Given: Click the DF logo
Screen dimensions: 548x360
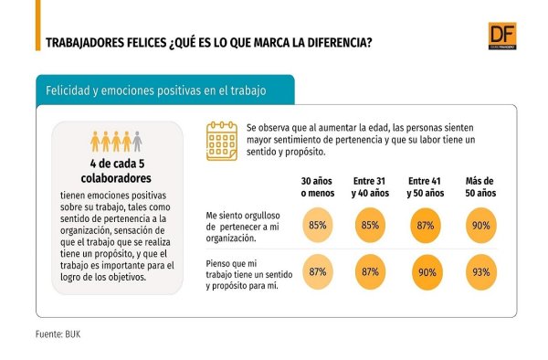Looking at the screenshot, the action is (x=502, y=36).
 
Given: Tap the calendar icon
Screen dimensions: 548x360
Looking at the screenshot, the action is (x=222, y=141).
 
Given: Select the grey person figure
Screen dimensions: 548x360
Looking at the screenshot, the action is (x=137, y=142).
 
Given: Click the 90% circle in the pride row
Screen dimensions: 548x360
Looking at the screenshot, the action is (x=481, y=226).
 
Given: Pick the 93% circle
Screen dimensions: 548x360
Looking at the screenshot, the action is (x=481, y=272).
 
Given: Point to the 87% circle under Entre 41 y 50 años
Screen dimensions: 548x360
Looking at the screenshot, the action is (x=426, y=226).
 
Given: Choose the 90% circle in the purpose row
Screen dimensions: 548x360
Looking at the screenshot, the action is (x=427, y=272).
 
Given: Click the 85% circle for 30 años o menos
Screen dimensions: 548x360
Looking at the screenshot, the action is (x=317, y=225).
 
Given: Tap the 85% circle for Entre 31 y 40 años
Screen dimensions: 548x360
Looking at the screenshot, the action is (x=370, y=225).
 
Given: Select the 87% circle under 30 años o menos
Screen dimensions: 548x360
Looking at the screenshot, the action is (x=317, y=271).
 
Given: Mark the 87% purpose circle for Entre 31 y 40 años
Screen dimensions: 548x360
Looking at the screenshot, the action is (x=370, y=271).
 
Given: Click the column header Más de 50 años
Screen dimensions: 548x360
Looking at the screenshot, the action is (x=480, y=187).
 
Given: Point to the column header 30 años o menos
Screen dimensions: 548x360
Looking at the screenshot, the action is (x=318, y=187).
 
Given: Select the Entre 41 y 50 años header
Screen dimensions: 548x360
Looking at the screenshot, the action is (x=426, y=187).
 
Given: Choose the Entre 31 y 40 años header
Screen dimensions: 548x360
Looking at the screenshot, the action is (x=370, y=187).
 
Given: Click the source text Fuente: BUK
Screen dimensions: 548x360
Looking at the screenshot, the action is (x=58, y=334).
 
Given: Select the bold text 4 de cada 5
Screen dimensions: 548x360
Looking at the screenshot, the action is (x=118, y=164).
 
